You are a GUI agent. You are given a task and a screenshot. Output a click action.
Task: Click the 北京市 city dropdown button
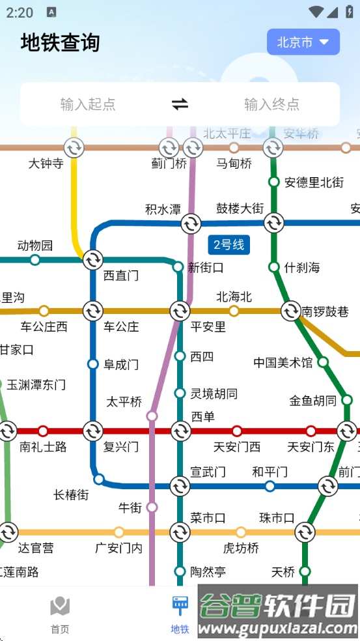(x=303, y=42)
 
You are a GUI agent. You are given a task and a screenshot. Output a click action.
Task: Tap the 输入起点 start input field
(x=88, y=104)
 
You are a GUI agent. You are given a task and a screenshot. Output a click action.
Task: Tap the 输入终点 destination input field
(x=271, y=104)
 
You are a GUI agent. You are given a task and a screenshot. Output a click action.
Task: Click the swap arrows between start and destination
(x=180, y=104)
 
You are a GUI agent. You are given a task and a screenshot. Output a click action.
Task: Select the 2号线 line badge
(x=228, y=245)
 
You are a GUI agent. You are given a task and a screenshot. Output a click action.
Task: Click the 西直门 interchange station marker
(x=92, y=260)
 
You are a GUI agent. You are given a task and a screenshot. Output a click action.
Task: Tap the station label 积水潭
(x=163, y=209)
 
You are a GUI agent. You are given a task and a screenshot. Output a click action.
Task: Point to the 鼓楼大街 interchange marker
(x=273, y=223)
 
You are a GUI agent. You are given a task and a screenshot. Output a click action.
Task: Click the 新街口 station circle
(x=178, y=266)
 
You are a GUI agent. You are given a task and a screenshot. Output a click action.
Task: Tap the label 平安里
(x=208, y=327)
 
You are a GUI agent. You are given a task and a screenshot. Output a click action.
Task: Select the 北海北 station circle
(x=234, y=311)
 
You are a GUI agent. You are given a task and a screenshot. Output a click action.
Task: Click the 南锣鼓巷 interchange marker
(x=290, y=311)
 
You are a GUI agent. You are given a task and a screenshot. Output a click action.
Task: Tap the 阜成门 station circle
(x=93, y=363)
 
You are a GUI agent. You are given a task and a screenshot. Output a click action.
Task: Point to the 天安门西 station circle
(x=237, y=431)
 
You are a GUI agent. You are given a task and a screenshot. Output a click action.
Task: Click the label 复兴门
(x=121, y=447)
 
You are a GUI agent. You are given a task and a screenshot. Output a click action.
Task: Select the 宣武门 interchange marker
(x=180, y=486)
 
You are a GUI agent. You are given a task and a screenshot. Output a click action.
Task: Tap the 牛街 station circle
(x=152, y=507)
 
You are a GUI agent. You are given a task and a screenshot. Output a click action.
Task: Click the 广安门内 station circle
(x=119, y=532)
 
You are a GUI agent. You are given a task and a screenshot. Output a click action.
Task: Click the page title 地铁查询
(x=61, y=42)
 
